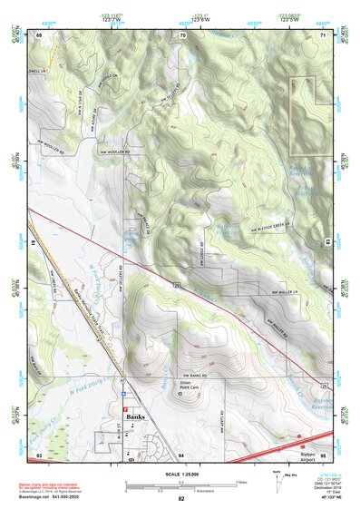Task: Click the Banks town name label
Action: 136,416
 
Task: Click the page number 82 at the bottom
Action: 181,500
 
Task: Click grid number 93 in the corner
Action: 38,452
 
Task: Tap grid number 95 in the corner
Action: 323,452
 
